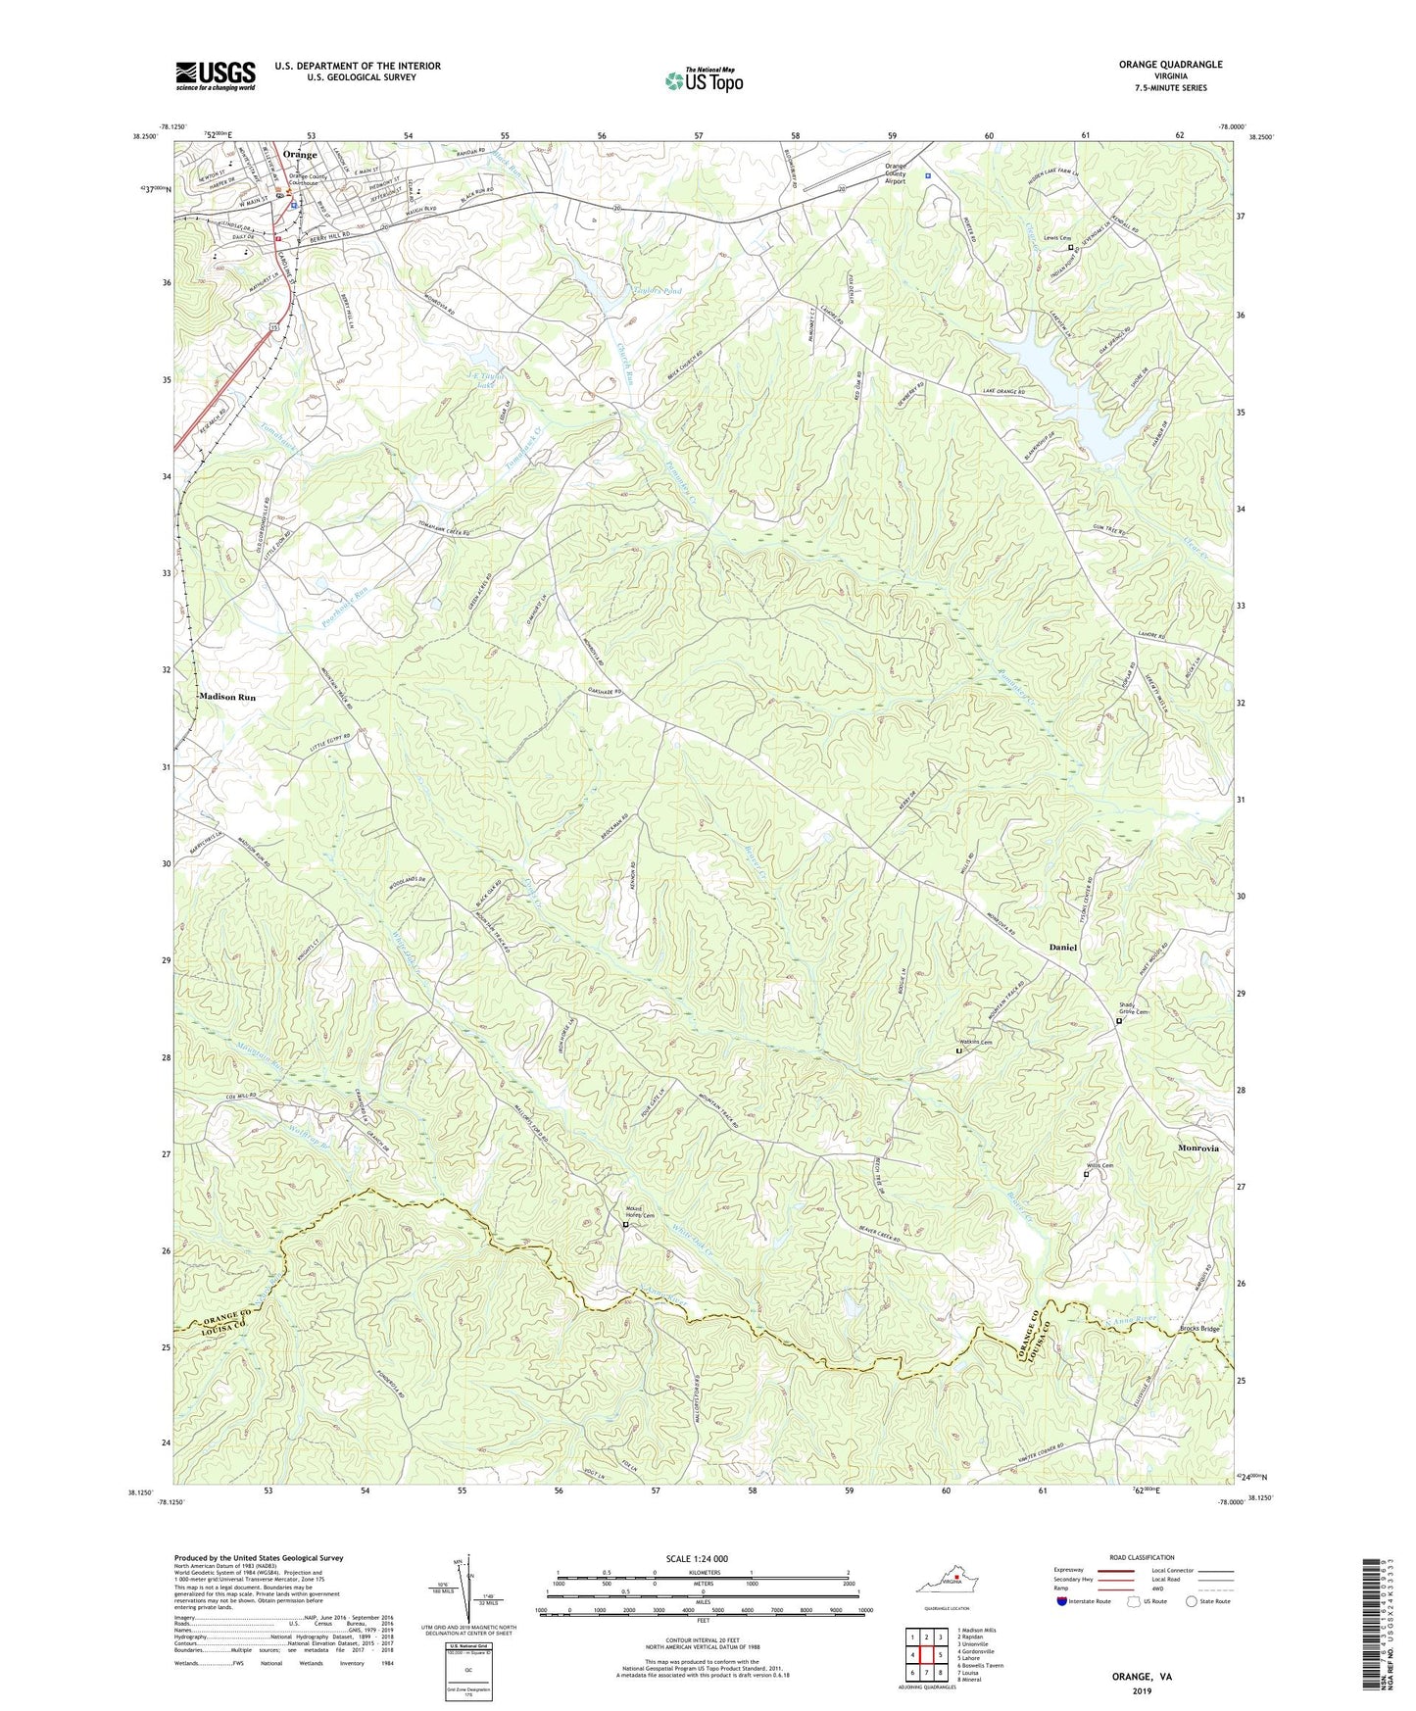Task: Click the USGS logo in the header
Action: click(x=216, y=74)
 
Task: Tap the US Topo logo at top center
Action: click(x=703, y=80)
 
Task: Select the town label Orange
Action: click(x=300, y=155)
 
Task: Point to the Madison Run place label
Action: click(x=226, y=697)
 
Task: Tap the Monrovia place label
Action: click(x=1197, y=1148)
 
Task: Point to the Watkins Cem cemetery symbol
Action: click(x=958, y=1051)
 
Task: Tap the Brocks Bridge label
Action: click(x=1199, y=1329)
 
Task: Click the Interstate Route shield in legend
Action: click(x=1063, y=1601)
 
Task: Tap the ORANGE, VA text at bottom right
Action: click(x=1141, y=1677)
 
